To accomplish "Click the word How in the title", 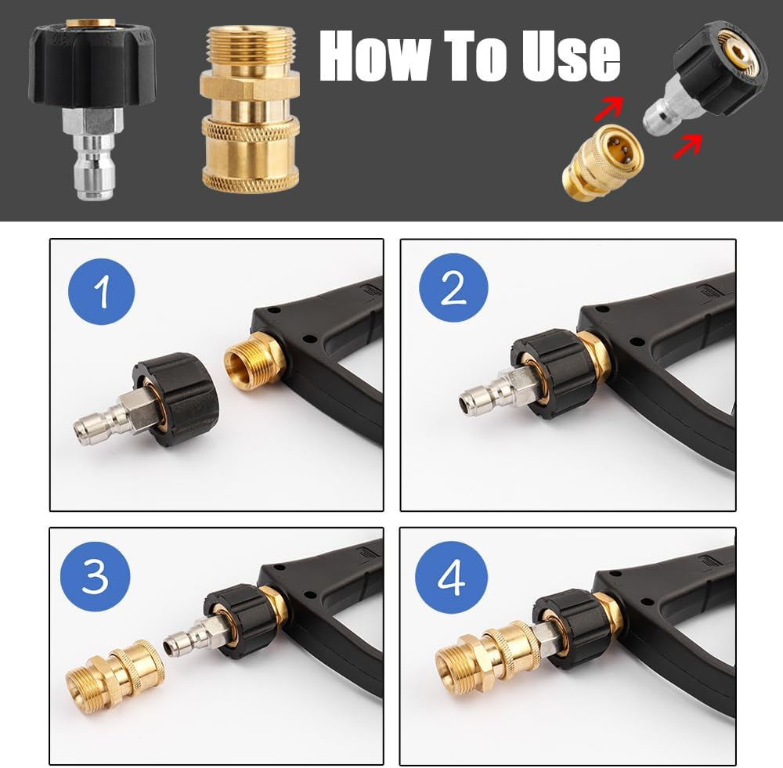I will [x=377, y=56].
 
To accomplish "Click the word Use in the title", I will [x=561, y=56].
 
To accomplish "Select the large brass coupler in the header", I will [x=249, y=110].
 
